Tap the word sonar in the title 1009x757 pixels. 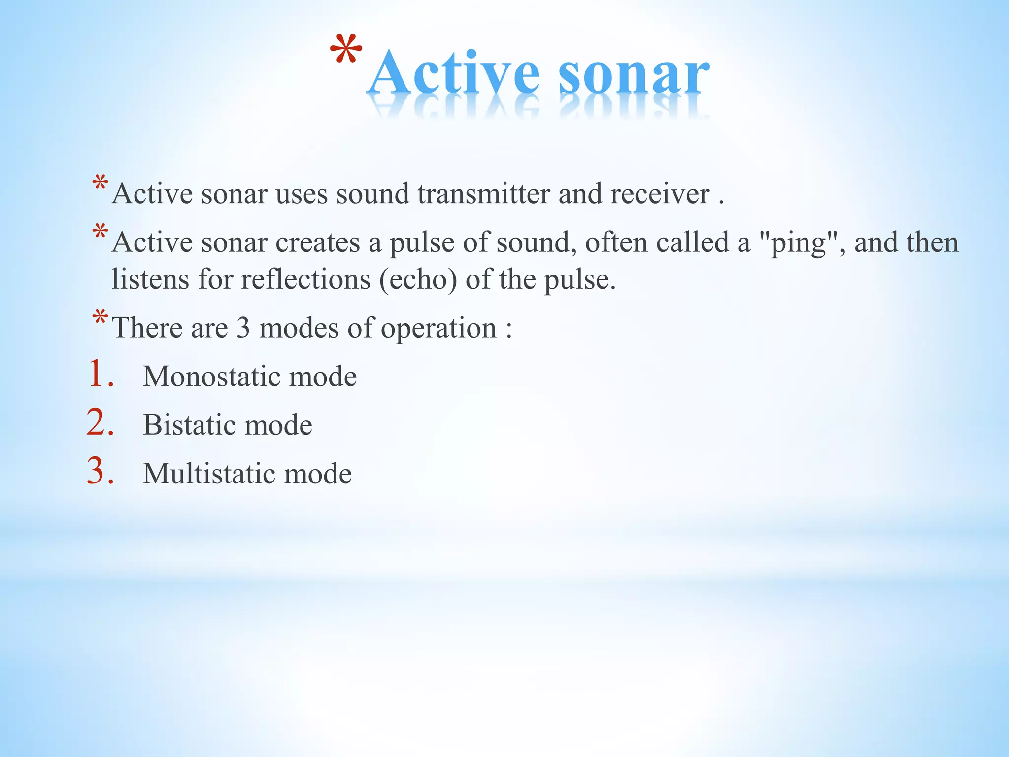(634, 74)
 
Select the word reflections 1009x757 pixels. (305, 280)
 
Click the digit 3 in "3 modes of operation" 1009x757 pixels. (243, 328)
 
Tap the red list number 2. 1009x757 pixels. (100, 422)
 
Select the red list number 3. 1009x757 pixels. (100, 471)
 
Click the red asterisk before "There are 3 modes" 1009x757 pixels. (100, 318)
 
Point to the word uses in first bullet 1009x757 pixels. (302, 194)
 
